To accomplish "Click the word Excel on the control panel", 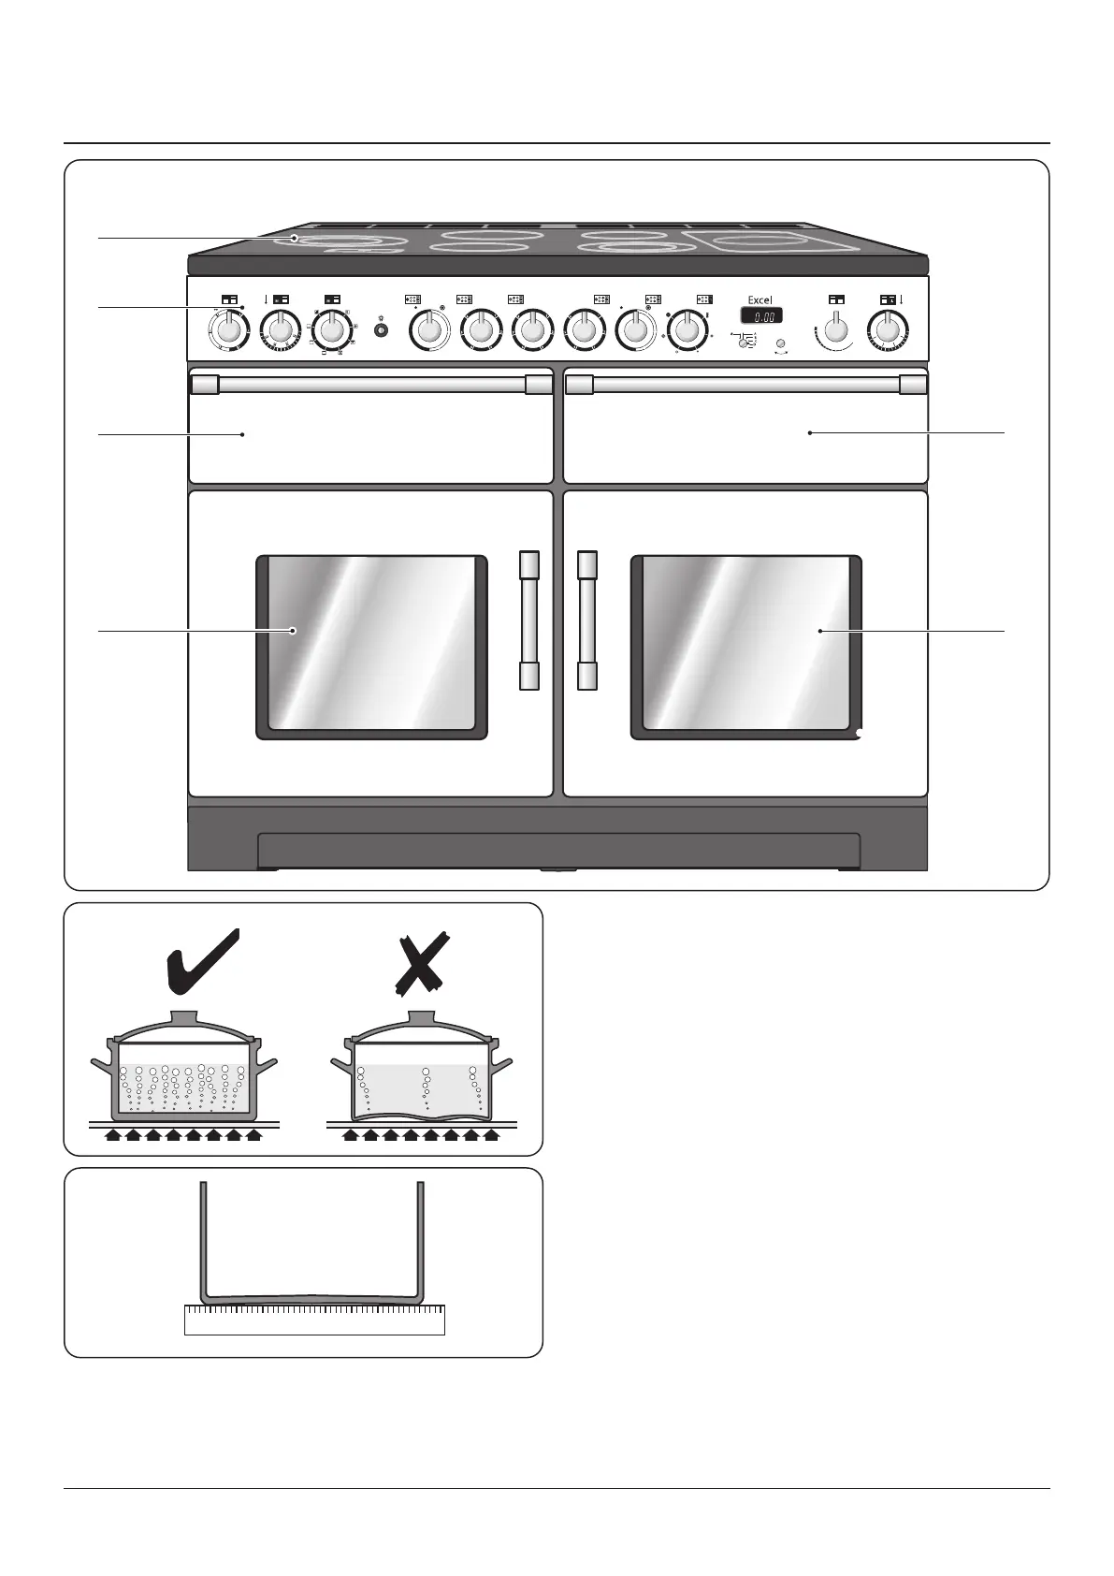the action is (x=760, y=300).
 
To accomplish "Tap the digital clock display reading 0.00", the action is (x=761, y=316).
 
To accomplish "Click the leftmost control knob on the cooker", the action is (x=227, y=329).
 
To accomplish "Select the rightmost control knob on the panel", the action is (x=887, y=328).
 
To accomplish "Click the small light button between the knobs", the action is (x=381, y=330).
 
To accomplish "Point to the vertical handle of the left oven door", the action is (x=529, y=620).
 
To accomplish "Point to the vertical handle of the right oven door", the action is (x=586, y=620).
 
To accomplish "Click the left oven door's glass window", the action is (x=371, y=646).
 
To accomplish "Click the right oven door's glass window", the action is (x=745, y=646).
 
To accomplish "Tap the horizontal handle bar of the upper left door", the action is (x=371, y=384).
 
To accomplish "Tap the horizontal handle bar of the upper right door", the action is (x=745, y=384).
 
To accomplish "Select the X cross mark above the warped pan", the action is (x=420, y=964).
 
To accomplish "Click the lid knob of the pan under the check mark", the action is (x=183, y=1017).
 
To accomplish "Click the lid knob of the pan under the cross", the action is (x=422, y=1017).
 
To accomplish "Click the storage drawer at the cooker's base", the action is (x=558, y=850).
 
